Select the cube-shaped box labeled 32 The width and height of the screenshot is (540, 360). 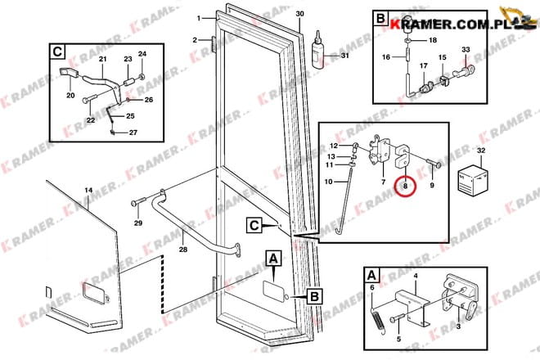(x=472, y=180)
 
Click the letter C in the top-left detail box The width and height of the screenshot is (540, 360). (x=57, y=52)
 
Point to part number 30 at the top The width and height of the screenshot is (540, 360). (x=300, y=14)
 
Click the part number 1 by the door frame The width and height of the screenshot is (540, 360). (x=199, y=18)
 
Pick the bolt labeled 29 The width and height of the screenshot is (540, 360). (x=139, y=202)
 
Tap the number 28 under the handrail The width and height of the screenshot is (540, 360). (x=183, y=249)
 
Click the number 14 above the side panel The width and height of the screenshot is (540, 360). (x=88, y=190)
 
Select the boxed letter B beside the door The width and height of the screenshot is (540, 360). (x=314, y=297)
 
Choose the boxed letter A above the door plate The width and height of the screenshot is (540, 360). (x=273, y=259)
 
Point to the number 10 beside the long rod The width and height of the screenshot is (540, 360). (x=328, y=181)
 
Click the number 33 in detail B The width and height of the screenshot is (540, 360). (x=466, y=50)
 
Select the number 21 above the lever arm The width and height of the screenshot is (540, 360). (x=102, y=59)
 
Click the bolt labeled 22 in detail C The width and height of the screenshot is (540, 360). (x=89, y=100)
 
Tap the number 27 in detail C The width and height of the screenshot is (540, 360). (x=133, y=133)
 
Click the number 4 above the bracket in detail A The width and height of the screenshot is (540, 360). (x=416, y=276)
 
